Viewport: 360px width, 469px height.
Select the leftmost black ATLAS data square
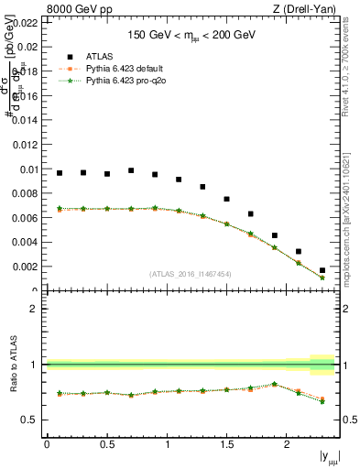(60, 172)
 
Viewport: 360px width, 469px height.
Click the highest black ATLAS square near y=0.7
(131, 170)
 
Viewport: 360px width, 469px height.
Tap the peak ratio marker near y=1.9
(275, 384)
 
